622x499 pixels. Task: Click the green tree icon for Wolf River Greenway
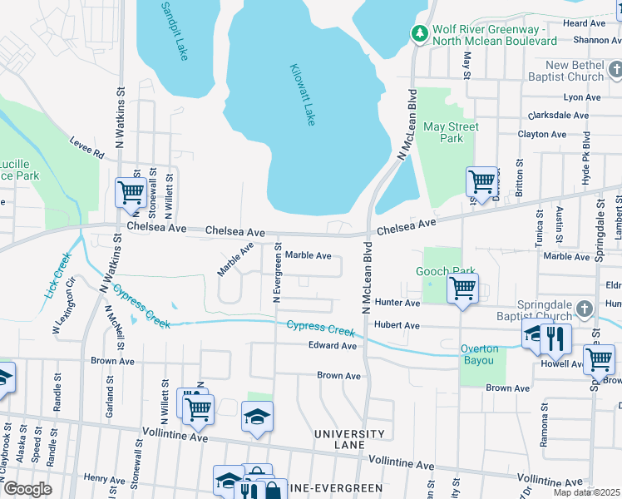pyautogui.click(x=421, y=33)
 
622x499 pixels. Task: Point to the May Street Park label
pyautogui.click(x=451, y=132)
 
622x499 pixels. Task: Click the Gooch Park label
pyautogui.click(x=446, y=272)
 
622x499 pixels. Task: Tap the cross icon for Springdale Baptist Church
pyautogui.click(x=585, y=309)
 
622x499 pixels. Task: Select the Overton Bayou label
pyautogui.click(x=480, y=354)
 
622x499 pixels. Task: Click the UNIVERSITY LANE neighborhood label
pyautogui.click(x=349, y=440)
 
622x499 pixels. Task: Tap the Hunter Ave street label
pyautogui.click(x=397, y=304)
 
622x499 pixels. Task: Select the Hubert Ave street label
pyautogui.click(x=397, y=325)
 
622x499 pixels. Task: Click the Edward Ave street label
pyautogui.click(x=332, y=345)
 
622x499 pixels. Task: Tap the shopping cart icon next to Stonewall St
pyautogui.click(x=131, y=191)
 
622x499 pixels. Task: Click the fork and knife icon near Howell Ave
pyautogui.click(x=555, y=338)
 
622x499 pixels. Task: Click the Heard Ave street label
pyautogui.click(x=585, y=23)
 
